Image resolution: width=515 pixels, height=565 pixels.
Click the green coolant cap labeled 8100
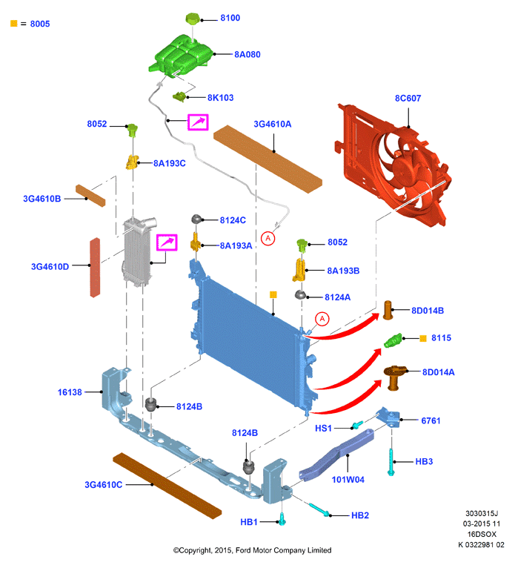tap(193, 19)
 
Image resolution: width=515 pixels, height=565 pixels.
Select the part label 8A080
tap(247, 54)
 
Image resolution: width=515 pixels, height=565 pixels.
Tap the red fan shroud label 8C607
tap(408, 98)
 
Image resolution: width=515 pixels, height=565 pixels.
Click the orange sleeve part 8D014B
tap(388, 310)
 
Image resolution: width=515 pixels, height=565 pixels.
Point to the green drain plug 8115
tap(393, 340)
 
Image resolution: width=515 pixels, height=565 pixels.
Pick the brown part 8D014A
tap(394, 377)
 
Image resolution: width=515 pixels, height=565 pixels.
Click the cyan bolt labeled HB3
tap(391, 462)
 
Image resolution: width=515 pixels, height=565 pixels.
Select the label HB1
tap(249, 522)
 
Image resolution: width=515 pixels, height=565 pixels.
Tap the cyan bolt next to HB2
tap(319, 509)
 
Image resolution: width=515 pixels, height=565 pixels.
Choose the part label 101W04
tap(348, 480)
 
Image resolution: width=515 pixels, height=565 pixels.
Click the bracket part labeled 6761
tap(388, 417)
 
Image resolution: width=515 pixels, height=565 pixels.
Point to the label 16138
tap(70, 392)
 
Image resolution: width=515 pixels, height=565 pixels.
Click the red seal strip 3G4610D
tap(95, 268)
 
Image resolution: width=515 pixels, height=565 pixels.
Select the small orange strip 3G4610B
tap(90, 196)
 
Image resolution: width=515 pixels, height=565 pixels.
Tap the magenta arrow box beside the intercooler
tap(167, 242)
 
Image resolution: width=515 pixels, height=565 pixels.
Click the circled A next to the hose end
tap(268, 239)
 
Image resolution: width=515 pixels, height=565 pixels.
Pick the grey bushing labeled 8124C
tap(196, 219)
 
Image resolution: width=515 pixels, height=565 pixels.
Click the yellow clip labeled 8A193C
tap(132, 162)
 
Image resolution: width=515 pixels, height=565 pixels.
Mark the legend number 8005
tap(40, 24)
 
